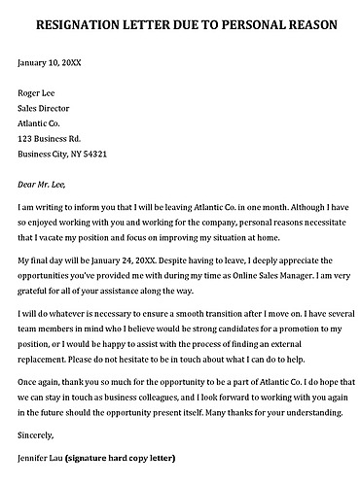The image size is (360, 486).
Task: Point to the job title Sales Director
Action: [x=48, y=109]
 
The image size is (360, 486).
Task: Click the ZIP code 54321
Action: [x=92, y=155]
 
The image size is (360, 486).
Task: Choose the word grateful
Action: [x=36, y=293]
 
